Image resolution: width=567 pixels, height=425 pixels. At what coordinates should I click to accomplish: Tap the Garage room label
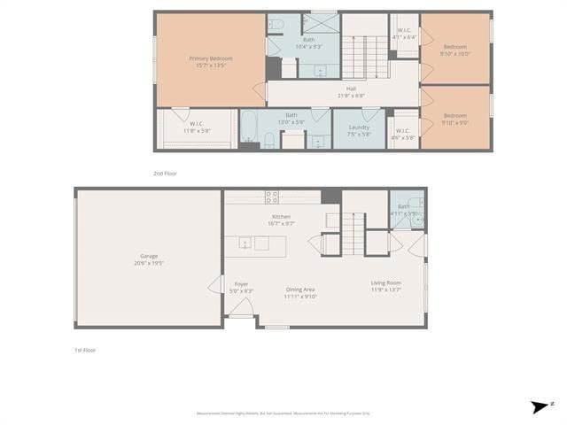coord(148,259)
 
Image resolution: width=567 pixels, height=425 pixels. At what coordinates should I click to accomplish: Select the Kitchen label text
coord(281,220)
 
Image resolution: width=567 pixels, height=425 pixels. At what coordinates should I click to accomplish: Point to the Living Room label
coord(385,286)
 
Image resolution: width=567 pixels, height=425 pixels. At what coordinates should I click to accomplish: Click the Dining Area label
coord(300,292)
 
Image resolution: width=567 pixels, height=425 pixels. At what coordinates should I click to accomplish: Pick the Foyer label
coord(241,287)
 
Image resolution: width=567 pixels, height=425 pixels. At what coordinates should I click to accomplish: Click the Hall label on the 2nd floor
coord(351,91)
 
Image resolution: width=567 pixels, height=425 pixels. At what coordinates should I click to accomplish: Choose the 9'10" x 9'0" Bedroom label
coord(455,119)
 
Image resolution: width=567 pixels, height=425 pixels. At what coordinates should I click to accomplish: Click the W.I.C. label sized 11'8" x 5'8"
coord(197,127)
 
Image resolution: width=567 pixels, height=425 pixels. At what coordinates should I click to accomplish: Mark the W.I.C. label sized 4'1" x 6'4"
coord(404,34)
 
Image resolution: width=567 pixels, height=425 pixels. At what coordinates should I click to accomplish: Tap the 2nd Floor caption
coord(165,174)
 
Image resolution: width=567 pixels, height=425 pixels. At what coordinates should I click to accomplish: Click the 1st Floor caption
coord(84,350)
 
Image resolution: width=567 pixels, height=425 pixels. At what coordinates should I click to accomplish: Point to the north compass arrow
coord(540,406)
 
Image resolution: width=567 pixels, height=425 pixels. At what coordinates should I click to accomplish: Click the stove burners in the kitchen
coord(272,197)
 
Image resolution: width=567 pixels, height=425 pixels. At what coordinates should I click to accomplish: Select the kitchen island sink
coord(245,243)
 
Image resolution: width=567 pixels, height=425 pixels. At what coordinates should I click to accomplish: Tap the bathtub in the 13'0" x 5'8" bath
coord(249,129)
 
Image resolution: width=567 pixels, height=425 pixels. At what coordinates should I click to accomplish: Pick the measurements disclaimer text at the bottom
coord(283,413)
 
